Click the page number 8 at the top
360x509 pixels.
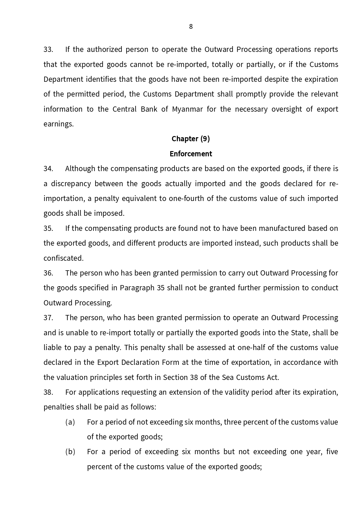(191, 27)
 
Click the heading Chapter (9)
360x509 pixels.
(191, 139)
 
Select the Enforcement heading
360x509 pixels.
(191, 154)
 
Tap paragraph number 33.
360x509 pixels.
(48, 50)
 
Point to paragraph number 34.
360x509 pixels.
(48, 169)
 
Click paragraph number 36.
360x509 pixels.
(48, 273)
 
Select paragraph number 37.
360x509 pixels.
(48, 318)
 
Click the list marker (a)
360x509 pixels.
(70, 422)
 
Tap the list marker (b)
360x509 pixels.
(70, 452)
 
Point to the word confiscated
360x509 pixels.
(63, 258)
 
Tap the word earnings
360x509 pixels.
(58, 124)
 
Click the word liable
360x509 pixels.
(52, 348)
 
